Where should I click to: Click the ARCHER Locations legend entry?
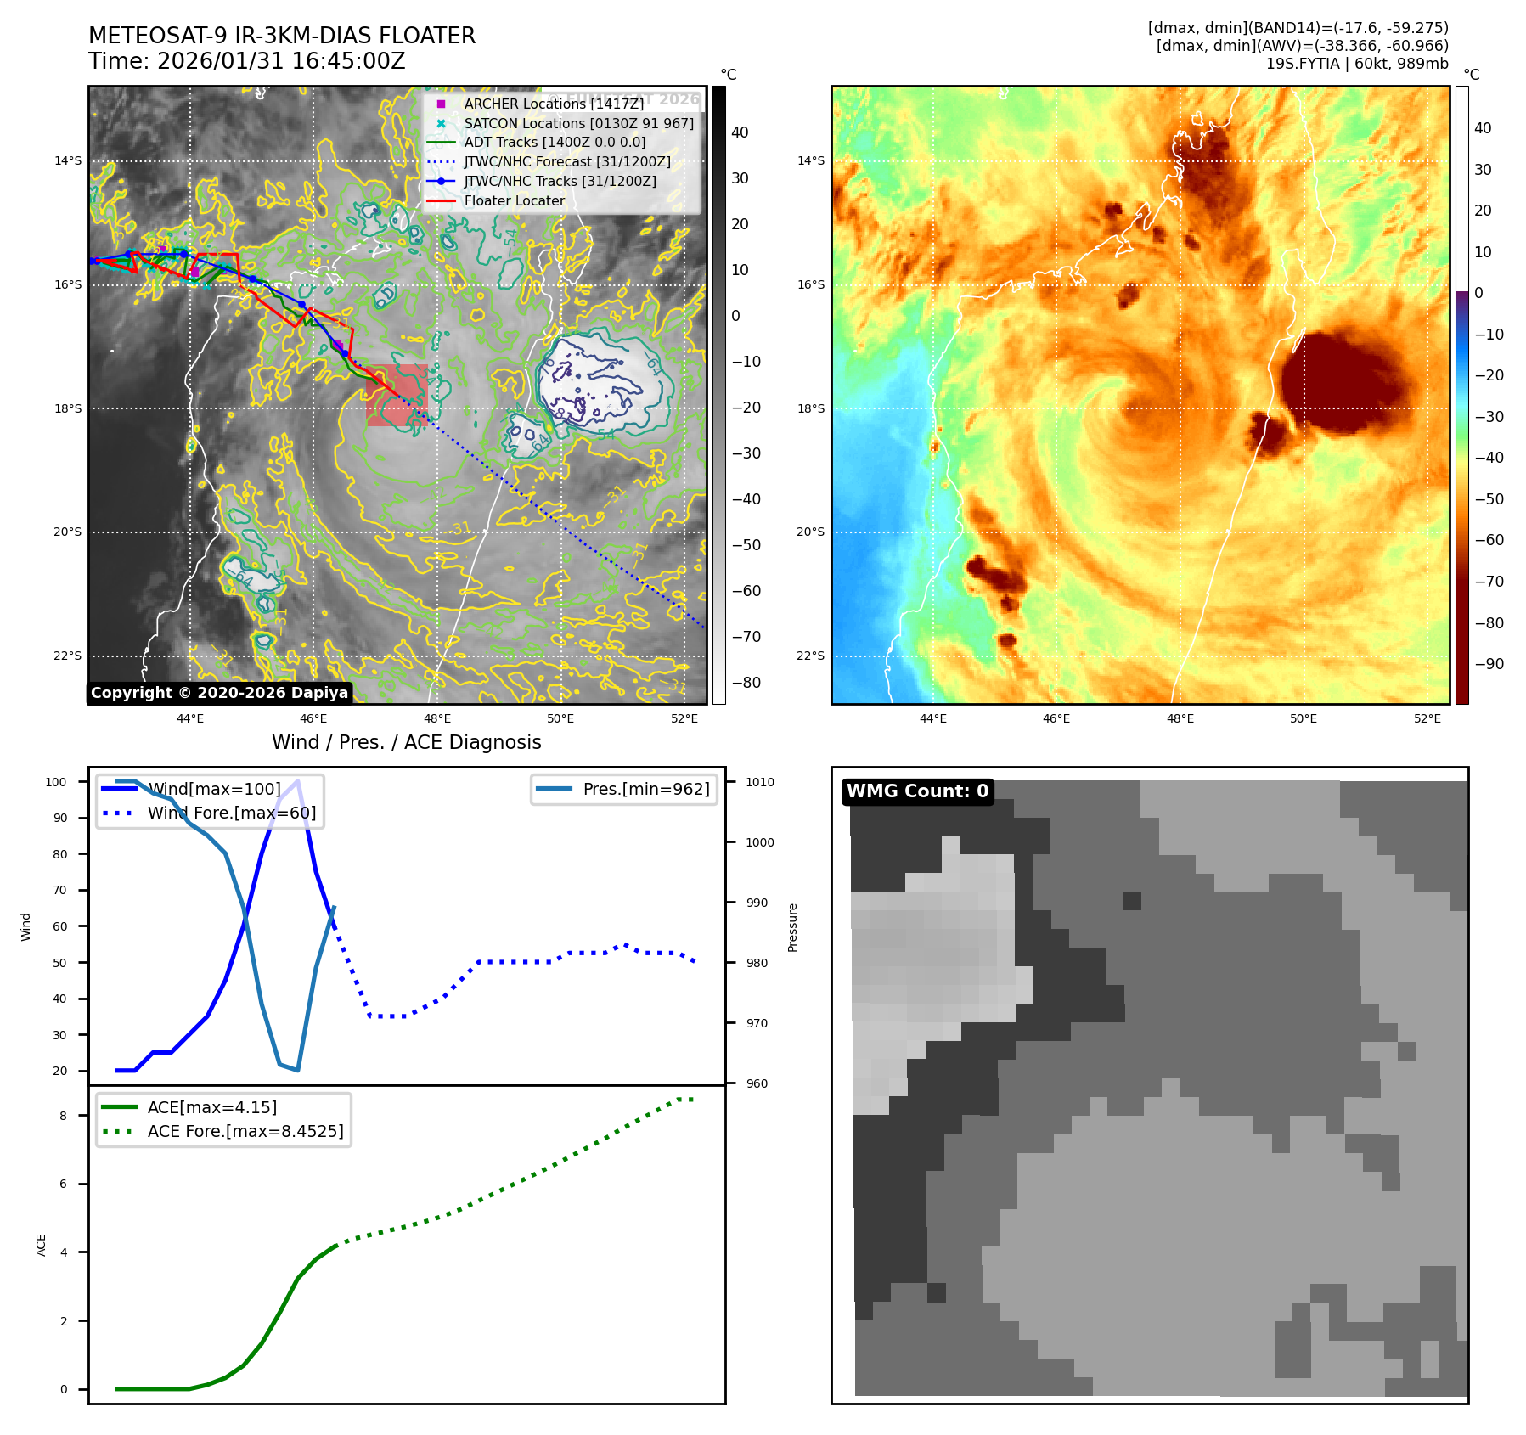(553, 104)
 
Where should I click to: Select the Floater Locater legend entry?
(514, 200)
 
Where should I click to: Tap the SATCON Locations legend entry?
(578, 123)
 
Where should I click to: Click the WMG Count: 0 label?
(917, 791)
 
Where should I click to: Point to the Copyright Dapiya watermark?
(219, 693)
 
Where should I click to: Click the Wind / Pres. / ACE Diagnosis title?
(406, 742)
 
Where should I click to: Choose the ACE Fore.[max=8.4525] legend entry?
(245, 1131)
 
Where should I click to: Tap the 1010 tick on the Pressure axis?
(760, 782)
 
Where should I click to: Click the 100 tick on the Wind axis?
(56, 782)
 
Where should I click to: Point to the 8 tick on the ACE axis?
(63, 1116)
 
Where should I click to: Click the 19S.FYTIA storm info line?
(1356, 64)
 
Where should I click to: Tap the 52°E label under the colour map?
(1427, 718)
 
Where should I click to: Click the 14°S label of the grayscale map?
(68, 160)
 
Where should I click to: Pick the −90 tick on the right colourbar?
(1489, 664)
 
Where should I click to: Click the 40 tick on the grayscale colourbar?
(740, 132)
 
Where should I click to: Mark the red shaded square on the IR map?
(397, 395)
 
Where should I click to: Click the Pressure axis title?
(792, 927)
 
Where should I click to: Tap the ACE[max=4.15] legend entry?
(211, 1107)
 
